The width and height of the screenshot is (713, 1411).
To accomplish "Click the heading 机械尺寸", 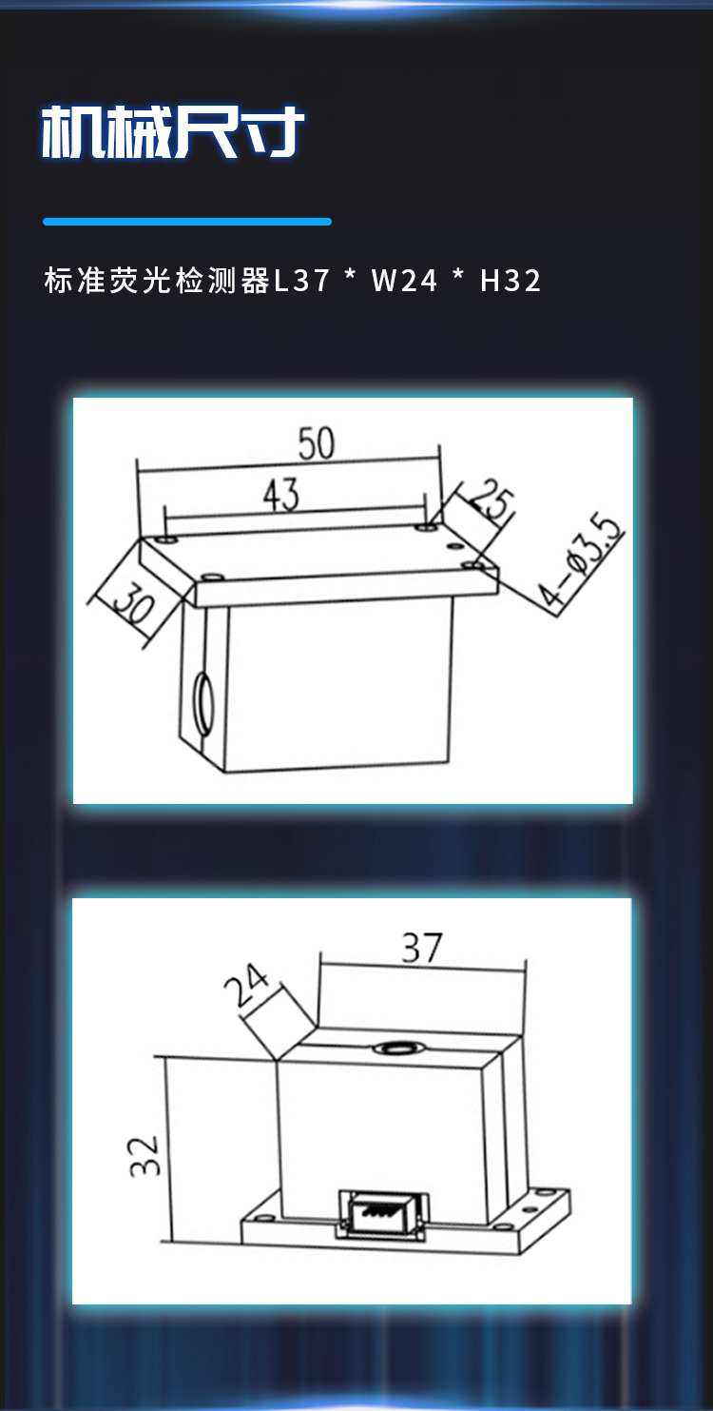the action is pos(172,131).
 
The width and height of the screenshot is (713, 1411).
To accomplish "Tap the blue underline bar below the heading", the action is pos(187,222).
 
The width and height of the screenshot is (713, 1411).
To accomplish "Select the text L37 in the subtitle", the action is pos(302,281).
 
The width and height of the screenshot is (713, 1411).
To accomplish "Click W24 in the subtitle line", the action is pos(404,281).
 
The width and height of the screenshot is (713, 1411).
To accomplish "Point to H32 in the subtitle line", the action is pos(511,281).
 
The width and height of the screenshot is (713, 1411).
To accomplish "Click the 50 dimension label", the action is pos(316,443).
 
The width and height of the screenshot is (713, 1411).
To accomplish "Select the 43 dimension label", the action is pos(281,495).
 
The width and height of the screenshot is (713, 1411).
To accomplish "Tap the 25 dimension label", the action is pos(492,500).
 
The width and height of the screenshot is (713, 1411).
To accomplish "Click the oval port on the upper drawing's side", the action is pos(203,703).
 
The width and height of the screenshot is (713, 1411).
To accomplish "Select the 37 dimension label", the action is pos(422,948).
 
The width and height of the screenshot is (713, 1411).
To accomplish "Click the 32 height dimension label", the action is pos(145,1156).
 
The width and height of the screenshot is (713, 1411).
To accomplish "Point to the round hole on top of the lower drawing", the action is pos(395,1048).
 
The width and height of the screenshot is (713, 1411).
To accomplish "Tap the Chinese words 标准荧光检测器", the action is pos(157,281).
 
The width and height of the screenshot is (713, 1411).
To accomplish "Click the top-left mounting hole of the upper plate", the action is pos(166,539).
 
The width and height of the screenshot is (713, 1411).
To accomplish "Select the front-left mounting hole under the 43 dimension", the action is pos(212,577).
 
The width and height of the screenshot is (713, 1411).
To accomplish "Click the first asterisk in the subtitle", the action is pos(351,275).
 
